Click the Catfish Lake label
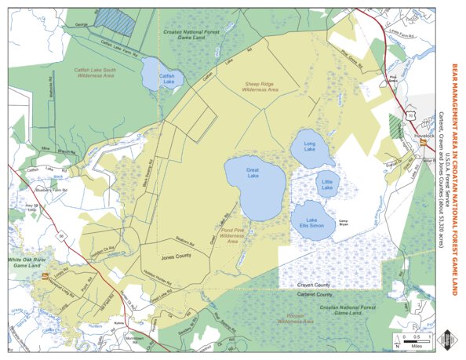pos(166,78)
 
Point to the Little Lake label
pos(327,185)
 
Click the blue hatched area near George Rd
pos(120,21)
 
